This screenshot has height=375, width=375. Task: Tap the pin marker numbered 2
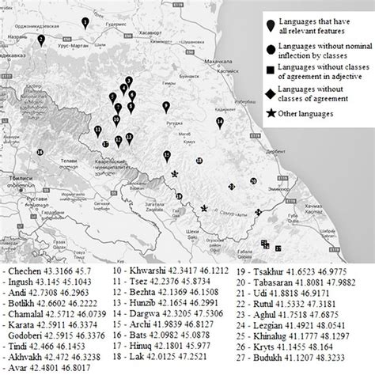[x=40, y=36]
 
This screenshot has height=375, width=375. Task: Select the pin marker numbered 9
[x=166, y=106]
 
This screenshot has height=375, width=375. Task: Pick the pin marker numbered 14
[x=220, y=121]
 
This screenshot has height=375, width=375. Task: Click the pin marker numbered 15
[x=167, y=155]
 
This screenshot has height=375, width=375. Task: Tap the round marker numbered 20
[x=252, y=181]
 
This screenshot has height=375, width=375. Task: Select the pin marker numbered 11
[x=97, y=130]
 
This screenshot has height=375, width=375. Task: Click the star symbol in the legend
[x=272, y=112]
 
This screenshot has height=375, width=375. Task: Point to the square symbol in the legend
[x=272, y=72]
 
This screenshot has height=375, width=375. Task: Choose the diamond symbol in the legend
[x=272, y=93]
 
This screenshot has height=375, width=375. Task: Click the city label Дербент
[x=278, y=151]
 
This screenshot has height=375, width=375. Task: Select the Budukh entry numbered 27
[x=301, y=367]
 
